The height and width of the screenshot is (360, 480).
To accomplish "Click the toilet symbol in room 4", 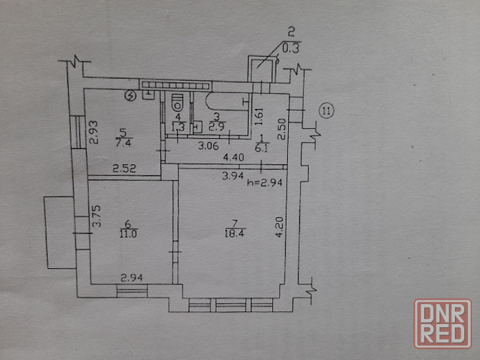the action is click(x=178, y=102).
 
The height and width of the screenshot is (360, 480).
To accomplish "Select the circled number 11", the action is click(x=327, y=110).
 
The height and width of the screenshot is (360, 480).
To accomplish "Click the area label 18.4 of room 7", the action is click(x=235, y=234).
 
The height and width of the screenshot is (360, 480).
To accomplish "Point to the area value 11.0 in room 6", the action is click(x=129, y=234).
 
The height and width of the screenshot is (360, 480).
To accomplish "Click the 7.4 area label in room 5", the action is click(x=123, y=143).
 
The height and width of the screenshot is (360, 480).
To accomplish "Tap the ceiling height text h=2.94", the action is click(x=264, y=183).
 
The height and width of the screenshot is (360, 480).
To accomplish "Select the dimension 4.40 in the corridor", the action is click(x=234, y=158).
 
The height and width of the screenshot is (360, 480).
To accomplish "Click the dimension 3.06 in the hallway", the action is click(x=208, y=146).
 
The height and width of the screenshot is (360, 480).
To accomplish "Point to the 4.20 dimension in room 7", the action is click(x=279, y=227).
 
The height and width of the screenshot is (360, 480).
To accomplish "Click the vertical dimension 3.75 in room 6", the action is click(x=97, y=216).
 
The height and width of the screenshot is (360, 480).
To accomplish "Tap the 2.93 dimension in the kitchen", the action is click(x=94, y=133).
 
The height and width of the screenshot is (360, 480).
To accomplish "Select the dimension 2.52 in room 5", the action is click(x=124, y=169).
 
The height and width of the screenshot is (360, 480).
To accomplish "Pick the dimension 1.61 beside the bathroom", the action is click(x=259, y=116).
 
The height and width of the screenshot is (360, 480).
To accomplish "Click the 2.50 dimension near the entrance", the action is click(x=282, y=129).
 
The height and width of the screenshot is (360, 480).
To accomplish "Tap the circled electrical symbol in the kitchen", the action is click(x=130, y=96).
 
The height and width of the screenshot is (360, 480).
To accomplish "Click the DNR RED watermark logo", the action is click(x=442, y=323).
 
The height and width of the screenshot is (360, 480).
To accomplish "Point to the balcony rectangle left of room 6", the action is click(x=59, y=232).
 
